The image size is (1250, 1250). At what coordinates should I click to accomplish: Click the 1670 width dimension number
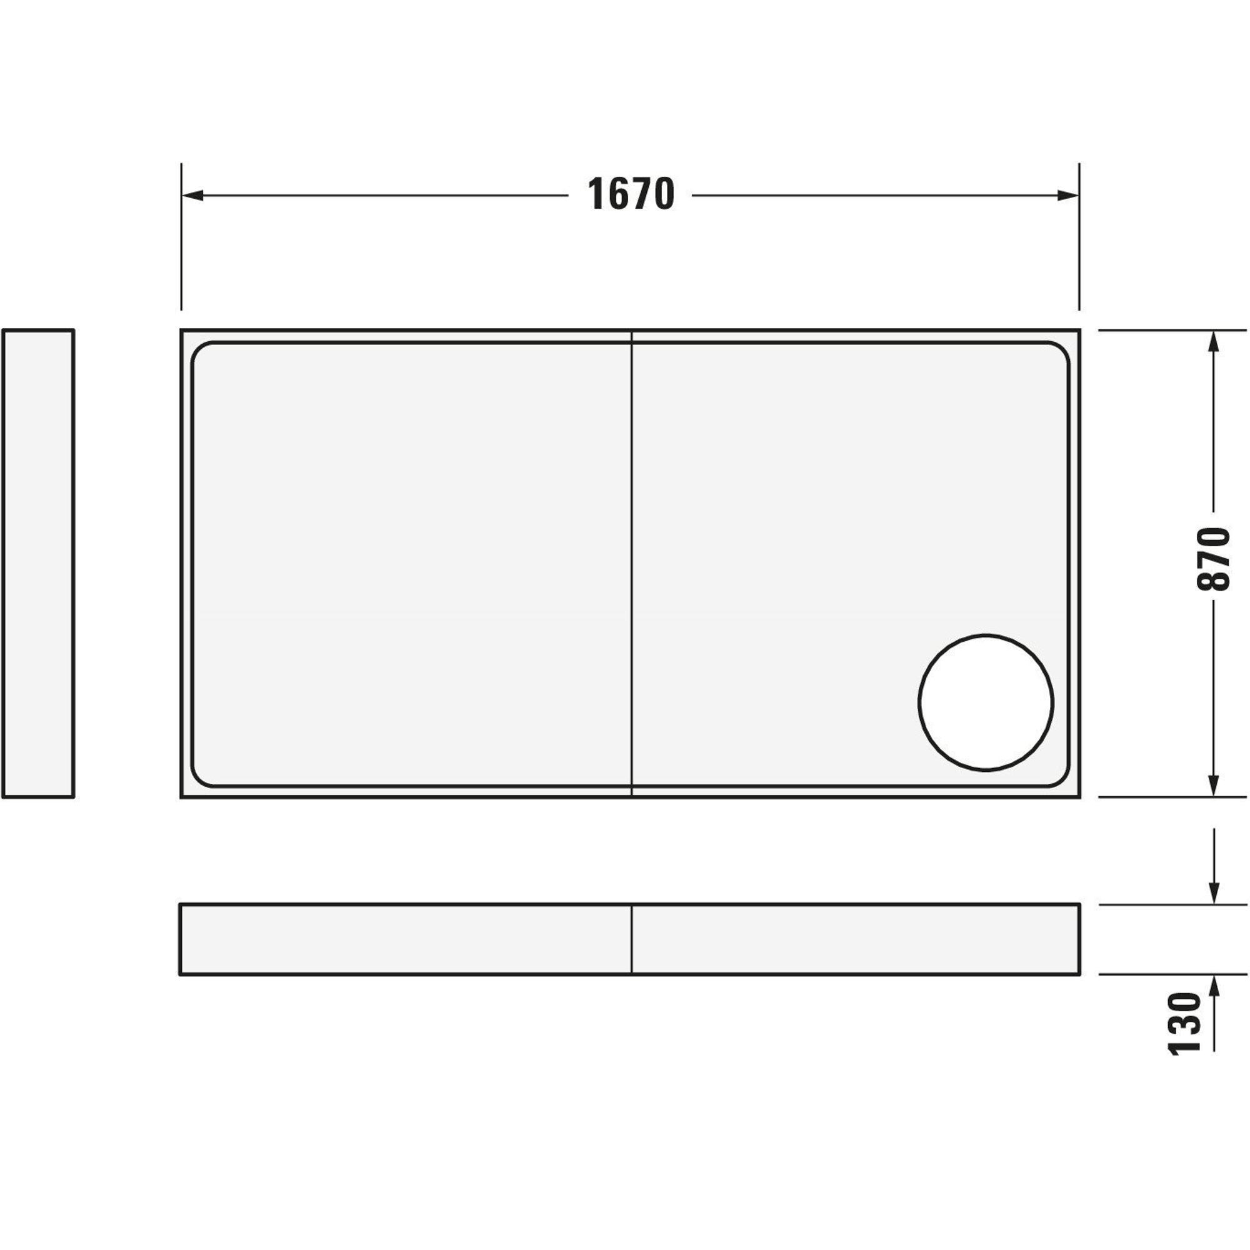[x=631, y=195]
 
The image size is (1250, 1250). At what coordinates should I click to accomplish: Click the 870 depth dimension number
[x=1213, y=559]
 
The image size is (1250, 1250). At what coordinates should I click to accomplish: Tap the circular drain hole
[x=986, y=702]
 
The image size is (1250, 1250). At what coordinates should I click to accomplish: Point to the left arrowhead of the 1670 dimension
[x=192, y=196]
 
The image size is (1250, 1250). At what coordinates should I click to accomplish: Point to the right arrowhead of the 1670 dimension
[x=1067, y=196]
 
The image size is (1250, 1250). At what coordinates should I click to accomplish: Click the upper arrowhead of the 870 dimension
[x=1214, y=342]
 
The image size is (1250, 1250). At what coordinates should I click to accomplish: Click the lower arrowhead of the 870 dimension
[x=1214, y=786]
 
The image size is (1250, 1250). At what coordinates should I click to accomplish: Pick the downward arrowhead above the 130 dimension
[x=1214, y=893]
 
